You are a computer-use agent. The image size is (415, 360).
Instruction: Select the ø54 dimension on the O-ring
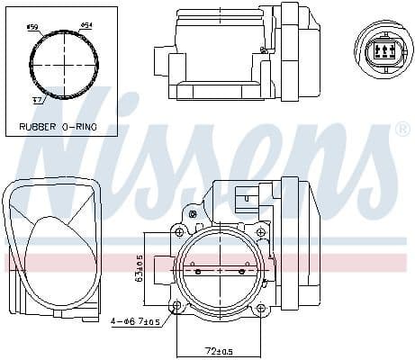pyautogui.click(x=86, y=25)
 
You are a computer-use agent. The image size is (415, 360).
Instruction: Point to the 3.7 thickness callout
pyautogui.click(x=38, y=101)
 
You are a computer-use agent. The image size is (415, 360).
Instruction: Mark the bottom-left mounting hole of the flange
pyautogui.click(x=177, y=307)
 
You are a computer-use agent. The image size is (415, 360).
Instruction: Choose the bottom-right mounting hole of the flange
pyautogui.click(x=260, y=307)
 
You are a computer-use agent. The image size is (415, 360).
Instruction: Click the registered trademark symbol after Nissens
pyautogui.click(x=401, y=131)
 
